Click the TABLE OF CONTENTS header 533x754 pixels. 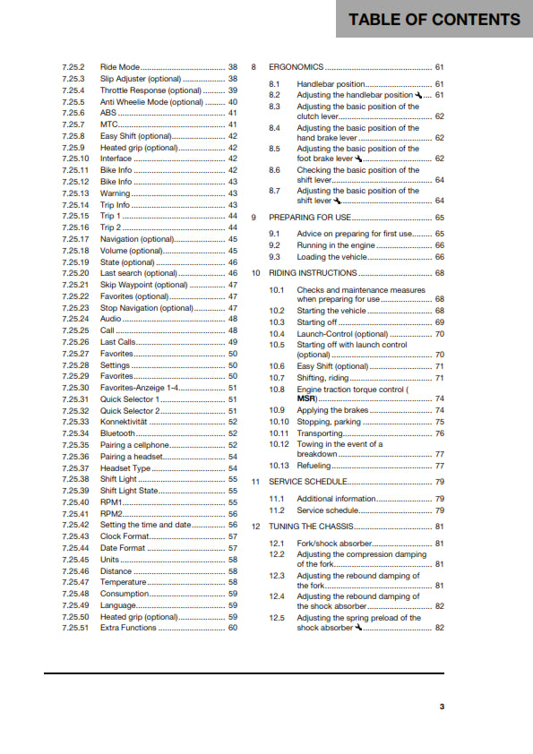click(434, 19)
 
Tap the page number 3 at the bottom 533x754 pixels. click(441, 707)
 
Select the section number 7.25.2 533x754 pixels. click(74, 67)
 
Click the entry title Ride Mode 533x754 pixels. click(120, 67)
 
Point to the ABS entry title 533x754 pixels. click(107, 114)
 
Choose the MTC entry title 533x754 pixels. click(109, 125)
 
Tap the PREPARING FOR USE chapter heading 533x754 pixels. click(309, 218)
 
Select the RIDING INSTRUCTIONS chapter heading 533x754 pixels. click(313, 273)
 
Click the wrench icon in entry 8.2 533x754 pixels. click(418, 95)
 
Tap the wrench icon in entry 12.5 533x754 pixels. click(358, 628)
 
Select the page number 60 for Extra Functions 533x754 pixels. click(233, 628)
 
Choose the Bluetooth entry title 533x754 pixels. click(117, 433)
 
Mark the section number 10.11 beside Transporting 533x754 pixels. click(279, 433)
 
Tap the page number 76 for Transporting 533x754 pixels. click(440, 433)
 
